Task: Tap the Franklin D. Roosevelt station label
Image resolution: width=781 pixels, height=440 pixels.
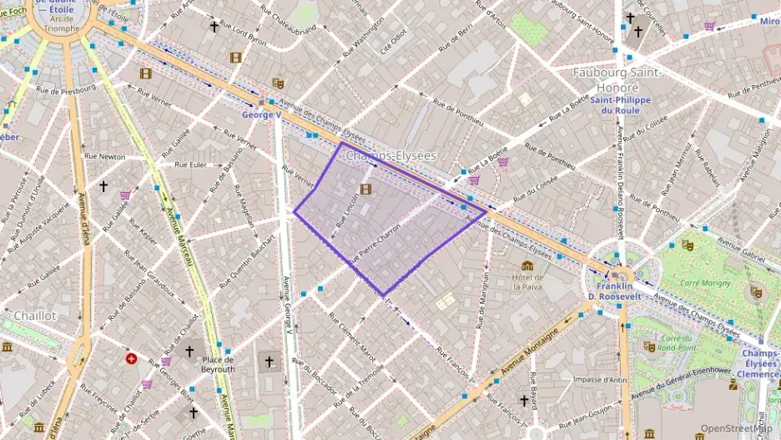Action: (x=616, y=292)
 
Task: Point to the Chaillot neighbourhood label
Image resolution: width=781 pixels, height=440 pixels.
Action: (x=34, y=316)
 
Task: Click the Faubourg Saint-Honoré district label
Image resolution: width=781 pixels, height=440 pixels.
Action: (x=617, y=79)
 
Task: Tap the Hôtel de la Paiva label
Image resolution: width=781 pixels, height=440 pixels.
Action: (x=528, y=281)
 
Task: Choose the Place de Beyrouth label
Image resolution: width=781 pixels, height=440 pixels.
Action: (x=218, y=364)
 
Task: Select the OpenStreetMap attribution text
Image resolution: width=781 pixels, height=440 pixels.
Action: (x=737, y=428)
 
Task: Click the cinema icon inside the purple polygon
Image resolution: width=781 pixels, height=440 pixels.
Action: (x=365, y=190)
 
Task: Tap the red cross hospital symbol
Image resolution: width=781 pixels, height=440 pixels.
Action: (x=131, y=358)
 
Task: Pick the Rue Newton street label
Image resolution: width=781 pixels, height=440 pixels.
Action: (x=105, y=156)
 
